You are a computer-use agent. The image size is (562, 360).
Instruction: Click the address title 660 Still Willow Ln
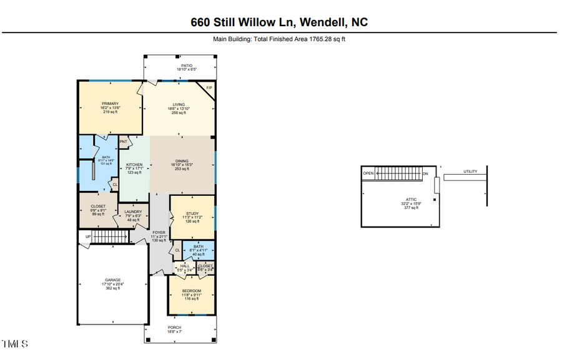(x=279, y=22)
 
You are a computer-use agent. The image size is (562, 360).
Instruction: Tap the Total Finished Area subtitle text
(x=279, y=39)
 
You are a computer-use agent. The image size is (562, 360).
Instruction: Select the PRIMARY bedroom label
(x=110, y=104)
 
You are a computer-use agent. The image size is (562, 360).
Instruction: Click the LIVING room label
(x=179, y=104)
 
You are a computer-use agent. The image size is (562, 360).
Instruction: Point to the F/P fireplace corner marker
(x=209, y=88)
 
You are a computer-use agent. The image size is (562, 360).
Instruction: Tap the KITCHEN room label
(x=135, y=165)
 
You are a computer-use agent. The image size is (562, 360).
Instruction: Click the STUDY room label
(x=192, y=213)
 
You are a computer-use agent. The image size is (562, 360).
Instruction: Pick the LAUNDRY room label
(x=133, y=212)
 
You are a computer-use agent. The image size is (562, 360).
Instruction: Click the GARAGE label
(x=112, y=280)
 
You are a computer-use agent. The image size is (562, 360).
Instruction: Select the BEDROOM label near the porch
(x=191, y=291)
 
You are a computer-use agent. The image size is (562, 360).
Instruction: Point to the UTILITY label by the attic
(x=470, y=172)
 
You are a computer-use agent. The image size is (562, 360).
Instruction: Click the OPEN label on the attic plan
(x=368, y=173)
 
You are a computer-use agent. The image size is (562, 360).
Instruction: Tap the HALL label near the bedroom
(x=184, y=266)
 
